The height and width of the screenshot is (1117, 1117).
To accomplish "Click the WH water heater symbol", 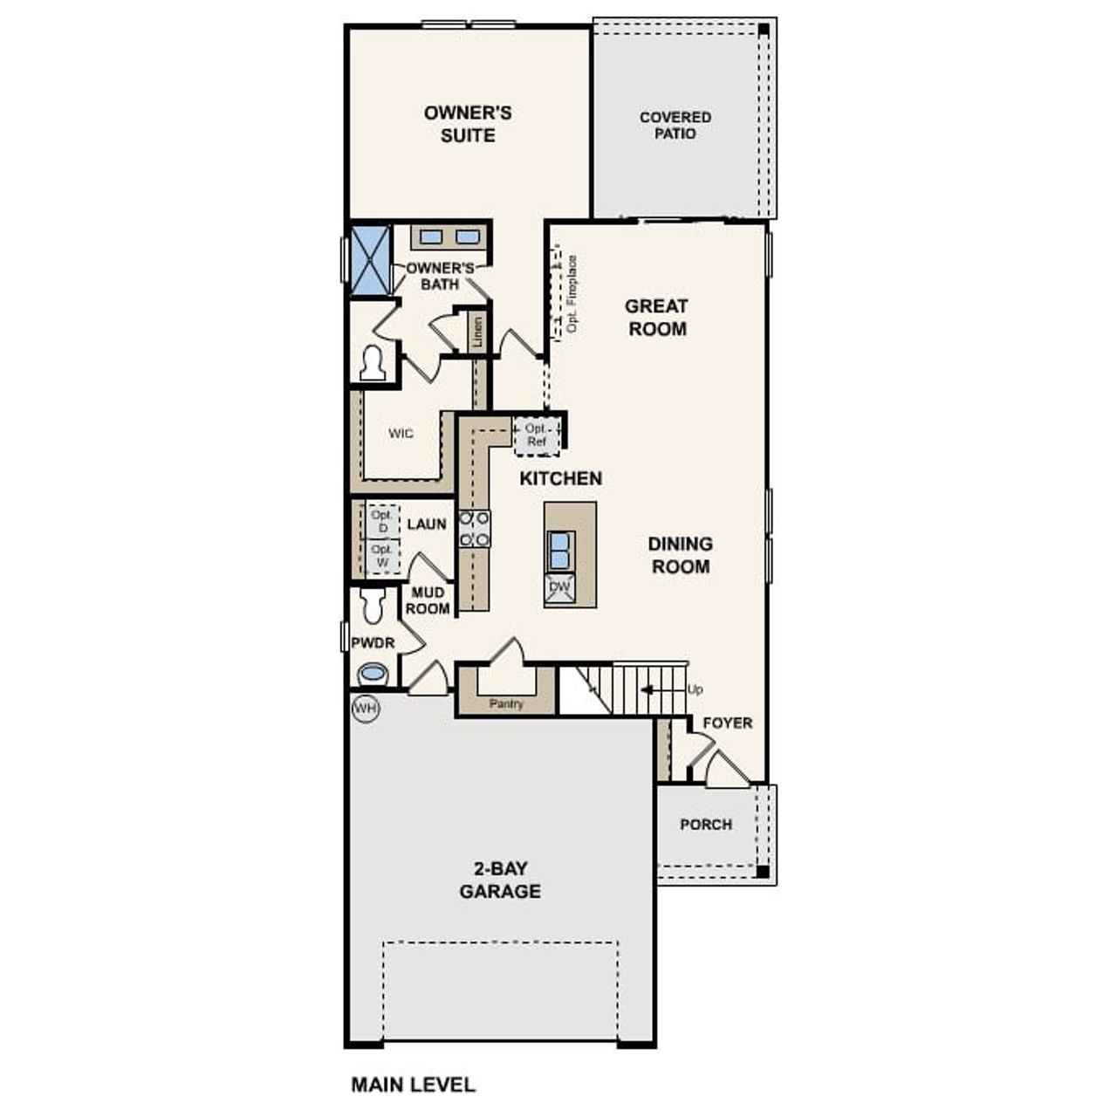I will [x=366, y=709].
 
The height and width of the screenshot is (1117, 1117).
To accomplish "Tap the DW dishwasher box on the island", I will [x=559, y=587].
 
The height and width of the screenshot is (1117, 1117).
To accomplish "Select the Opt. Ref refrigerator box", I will [x=537, y=435].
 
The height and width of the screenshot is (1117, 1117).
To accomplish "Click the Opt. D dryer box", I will [x=381, y=521].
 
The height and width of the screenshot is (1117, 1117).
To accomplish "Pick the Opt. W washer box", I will [x=381, y=556].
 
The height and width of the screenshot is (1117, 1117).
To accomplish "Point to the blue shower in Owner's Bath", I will [x=370, y=259].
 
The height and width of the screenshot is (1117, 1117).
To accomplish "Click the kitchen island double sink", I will [x=559, y=550].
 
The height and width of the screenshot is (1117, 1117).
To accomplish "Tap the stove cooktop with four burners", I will [x=475, y=529].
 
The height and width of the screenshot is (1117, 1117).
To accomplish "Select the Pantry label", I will [x=506, y=703].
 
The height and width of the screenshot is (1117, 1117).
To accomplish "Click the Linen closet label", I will [x=477, y=332].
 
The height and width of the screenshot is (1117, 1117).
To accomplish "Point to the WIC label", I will [x=401, y=434].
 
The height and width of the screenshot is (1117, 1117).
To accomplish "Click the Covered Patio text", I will [x=675, y=125].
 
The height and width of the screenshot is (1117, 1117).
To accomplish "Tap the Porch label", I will [x=706, y=825].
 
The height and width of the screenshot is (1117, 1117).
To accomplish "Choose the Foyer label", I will [x=728, y=723].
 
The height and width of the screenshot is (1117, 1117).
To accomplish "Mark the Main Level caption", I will [x=413, y=1085].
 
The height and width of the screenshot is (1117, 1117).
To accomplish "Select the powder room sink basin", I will [x=373, y=674].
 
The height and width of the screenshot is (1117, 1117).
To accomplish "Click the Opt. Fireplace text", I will [x=572, y=293].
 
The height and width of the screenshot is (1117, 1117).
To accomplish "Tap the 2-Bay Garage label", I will [x=500, y=880].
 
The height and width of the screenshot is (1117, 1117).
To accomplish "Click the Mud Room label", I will [x=428, y=601].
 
